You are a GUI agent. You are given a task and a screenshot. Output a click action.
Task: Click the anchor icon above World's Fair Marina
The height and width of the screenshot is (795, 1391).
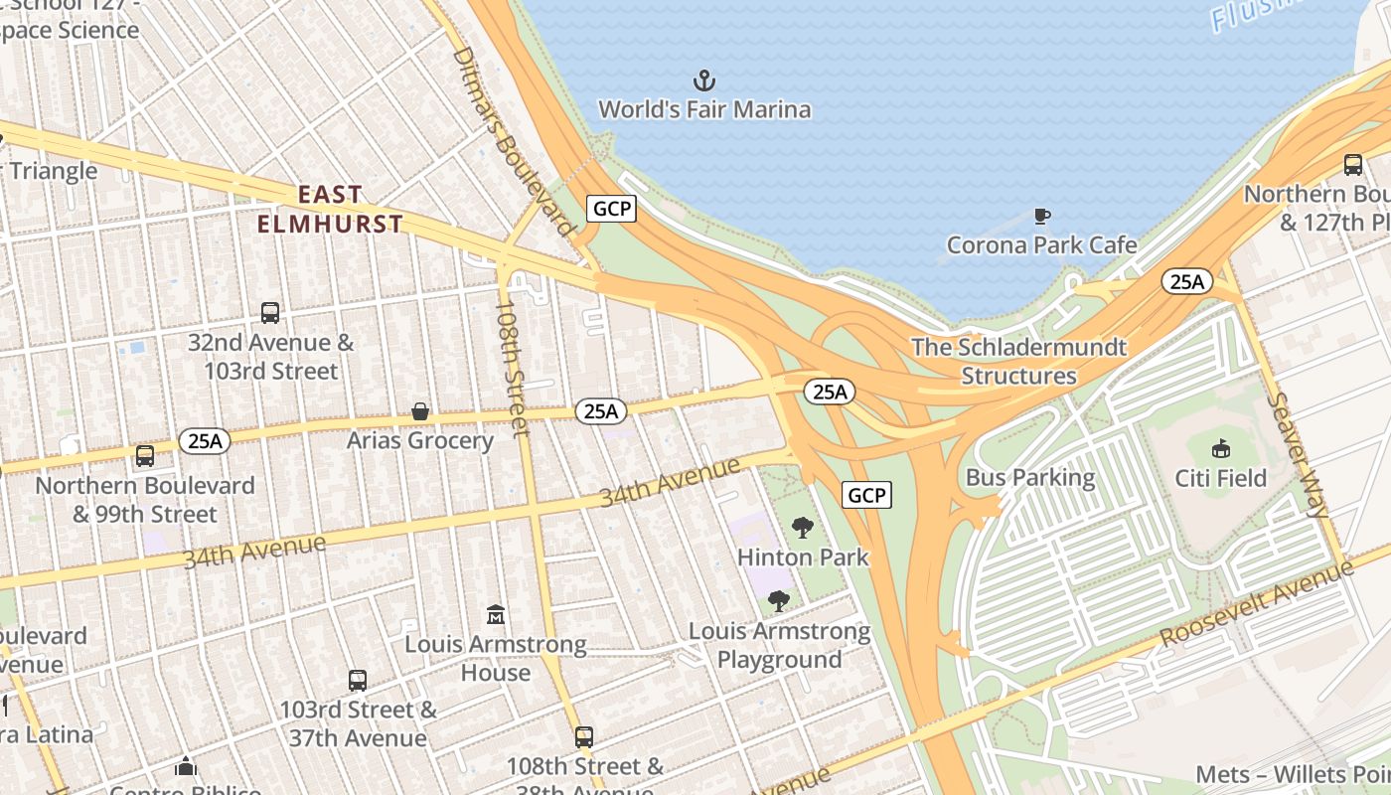point(703,79)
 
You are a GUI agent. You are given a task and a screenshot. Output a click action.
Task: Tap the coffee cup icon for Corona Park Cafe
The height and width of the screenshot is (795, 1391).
point(1041,216)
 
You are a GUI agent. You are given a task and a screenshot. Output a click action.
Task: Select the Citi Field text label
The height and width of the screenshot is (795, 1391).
point(1220,478)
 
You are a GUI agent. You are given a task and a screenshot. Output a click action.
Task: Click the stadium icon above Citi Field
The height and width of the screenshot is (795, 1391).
point(1221,448)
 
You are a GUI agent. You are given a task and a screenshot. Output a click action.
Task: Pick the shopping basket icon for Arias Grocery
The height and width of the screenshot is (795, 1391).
point(420,411)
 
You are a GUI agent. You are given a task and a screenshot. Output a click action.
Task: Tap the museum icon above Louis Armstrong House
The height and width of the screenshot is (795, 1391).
point(495,615)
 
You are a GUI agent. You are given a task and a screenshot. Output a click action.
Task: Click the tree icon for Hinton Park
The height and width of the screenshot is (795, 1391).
point(802,528)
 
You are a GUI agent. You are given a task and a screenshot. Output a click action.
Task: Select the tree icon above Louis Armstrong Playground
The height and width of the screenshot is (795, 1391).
point(779,601)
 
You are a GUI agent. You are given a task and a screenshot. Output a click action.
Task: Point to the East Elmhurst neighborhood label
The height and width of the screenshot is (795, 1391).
point(330,209)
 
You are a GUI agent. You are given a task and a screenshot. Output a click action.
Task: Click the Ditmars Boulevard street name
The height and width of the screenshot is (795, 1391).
point(514,140)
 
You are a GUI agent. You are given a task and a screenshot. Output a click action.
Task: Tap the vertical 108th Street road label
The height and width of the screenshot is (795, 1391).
point(513,369)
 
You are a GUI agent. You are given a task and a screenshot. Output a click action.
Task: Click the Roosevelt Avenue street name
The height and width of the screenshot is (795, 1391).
point(1256,603)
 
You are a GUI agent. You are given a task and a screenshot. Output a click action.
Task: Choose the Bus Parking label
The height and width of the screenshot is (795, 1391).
point(1030,478)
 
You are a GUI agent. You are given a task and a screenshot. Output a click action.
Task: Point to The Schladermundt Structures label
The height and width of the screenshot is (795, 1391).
point(1018,362)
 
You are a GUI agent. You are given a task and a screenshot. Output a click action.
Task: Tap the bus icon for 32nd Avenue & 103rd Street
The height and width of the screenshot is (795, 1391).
point(269,313)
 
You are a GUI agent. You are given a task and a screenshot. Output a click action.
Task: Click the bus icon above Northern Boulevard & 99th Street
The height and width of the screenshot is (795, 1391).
point(145,456)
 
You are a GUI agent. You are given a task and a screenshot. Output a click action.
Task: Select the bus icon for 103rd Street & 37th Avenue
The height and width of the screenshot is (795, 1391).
point(358,681)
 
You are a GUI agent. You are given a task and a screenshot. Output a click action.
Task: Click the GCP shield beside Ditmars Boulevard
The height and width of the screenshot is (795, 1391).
point(611,209)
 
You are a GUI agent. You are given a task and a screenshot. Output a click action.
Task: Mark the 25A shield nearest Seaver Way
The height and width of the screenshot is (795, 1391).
point(1186,282)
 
